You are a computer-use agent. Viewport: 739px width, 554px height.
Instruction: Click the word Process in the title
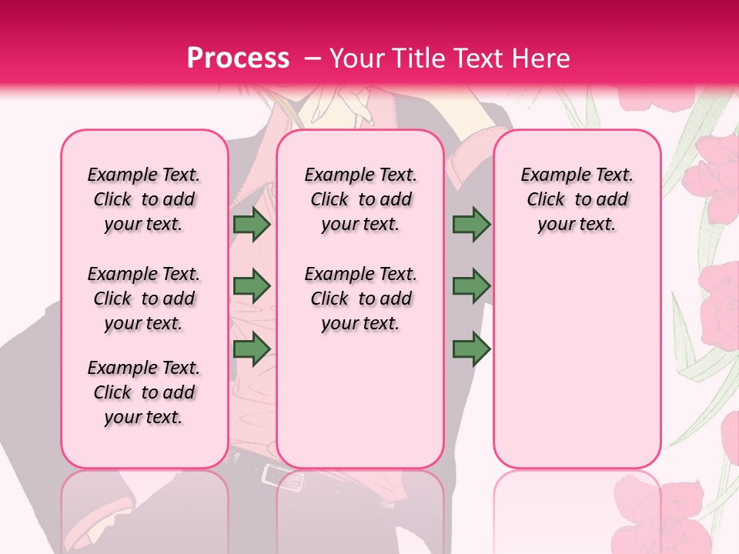[238, 58]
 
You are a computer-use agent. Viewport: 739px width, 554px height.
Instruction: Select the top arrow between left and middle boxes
[252, 225]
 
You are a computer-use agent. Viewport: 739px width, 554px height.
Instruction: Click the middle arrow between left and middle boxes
[252, 286]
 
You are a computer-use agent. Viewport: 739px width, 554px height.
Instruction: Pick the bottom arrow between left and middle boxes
[252, 349]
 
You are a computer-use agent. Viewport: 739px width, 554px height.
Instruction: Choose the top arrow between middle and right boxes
[471, 225]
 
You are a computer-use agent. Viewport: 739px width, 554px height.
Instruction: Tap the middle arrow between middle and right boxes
[471, 286]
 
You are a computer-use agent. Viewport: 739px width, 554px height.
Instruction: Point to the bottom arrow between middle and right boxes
[471, 349]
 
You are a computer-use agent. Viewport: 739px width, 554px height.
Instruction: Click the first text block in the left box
[144, 199]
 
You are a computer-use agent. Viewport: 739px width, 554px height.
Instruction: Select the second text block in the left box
[144, 299]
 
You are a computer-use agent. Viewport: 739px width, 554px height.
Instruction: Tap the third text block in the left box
[144, 392]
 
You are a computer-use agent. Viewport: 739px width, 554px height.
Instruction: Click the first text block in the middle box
[360, 199]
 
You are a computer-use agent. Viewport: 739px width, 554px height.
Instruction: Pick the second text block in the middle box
[360, 299]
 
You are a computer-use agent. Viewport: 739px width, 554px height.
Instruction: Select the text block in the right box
[577, 199]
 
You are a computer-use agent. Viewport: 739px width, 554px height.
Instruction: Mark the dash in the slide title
[313, 58]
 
